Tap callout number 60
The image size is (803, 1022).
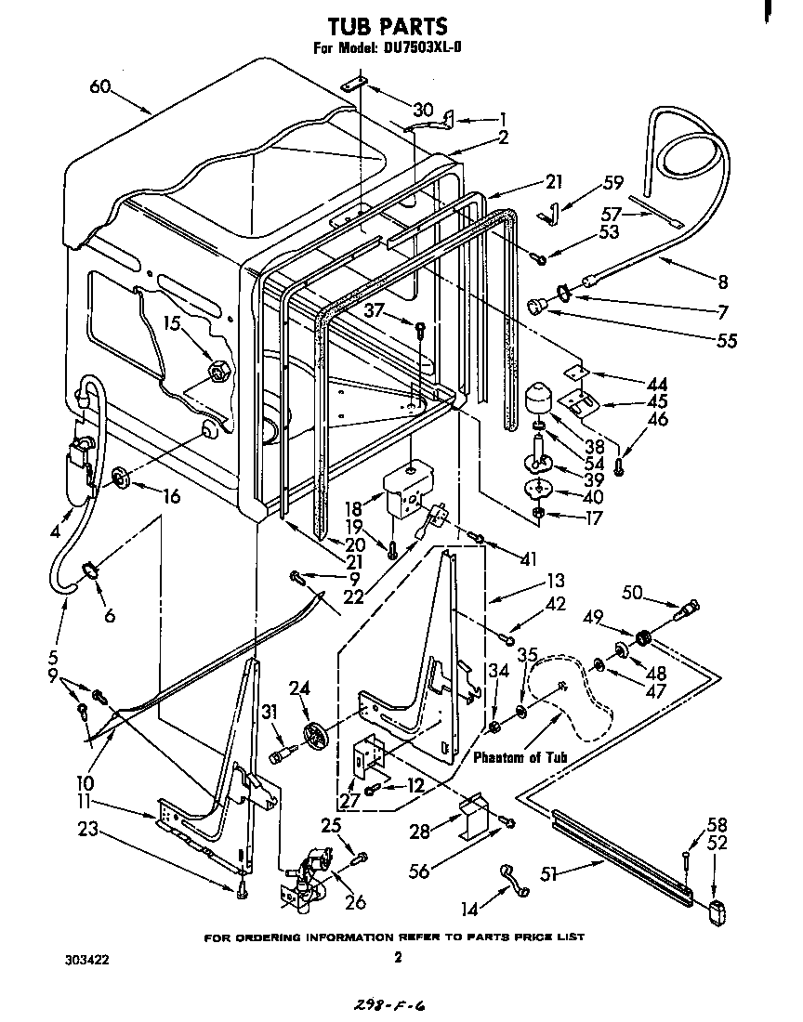click(x=100, y=86)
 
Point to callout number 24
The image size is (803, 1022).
click(x=299, y=688)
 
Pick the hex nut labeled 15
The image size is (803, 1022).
click(x=219, y=371)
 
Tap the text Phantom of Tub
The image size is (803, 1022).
click(x=520, y=757)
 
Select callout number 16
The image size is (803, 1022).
click(x=169, y=496)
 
